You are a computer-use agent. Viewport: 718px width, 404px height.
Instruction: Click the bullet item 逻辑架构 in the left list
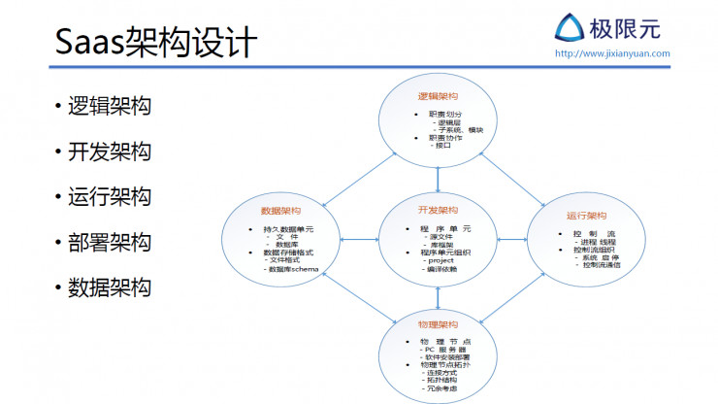(x=109, y=107)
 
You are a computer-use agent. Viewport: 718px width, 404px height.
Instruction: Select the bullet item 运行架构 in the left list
(x=109, y=197)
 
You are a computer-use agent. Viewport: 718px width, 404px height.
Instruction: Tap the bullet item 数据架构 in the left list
(x=109, y=287)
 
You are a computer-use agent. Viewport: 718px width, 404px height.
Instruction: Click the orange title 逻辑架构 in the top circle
(x=439, y=97)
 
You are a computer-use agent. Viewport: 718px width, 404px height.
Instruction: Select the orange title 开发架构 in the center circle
(x=439, y=211)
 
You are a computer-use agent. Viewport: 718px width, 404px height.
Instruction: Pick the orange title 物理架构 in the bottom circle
(x=439, y=323)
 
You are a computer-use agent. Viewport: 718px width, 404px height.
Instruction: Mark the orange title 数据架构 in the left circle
(x=280, y=211)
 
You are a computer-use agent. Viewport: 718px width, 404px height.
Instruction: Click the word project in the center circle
(x=440, y=260)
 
